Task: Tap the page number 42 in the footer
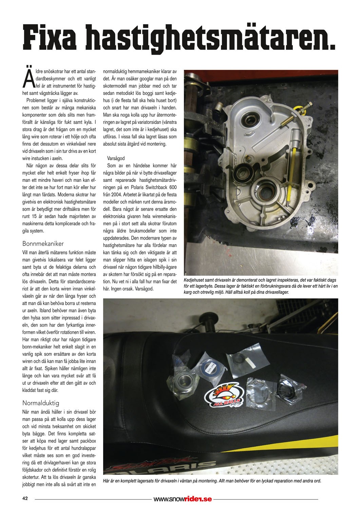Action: (x=25, y=498)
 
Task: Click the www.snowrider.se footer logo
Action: (x=183, y=499)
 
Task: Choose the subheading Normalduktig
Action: (x=41, y=403)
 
